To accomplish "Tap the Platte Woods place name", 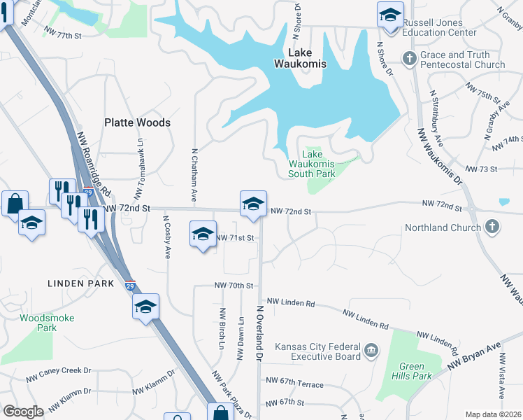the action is pyautogui.click(x=137, y=122).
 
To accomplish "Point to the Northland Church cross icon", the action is pyautogui.click(x=492, y=227).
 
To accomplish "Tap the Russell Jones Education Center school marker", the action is pyautogui.click(x=390, y=15).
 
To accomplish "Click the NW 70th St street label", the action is pyautogui.click(x=234, y=286).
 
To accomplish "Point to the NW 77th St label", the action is pyautogui.click(x=63, y=32).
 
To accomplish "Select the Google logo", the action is pyautogui.click(x=23, y=412).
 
